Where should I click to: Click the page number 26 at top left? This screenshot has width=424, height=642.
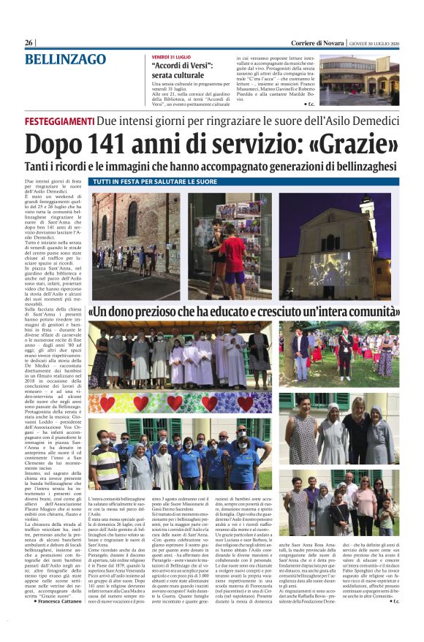30,43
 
